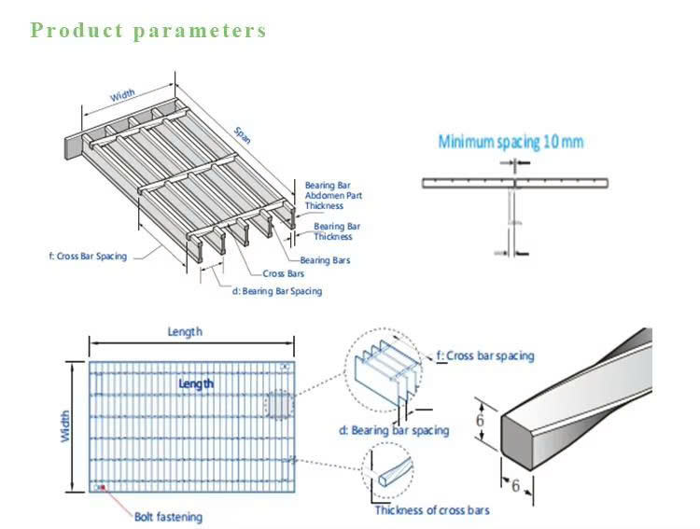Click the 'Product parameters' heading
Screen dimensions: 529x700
148,30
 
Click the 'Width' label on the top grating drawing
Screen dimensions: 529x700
122,95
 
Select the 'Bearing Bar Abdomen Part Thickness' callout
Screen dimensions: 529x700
333,195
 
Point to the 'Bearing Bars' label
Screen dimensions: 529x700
325,260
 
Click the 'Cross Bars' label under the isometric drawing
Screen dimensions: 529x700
284,273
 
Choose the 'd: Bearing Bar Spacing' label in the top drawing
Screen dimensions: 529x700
276,291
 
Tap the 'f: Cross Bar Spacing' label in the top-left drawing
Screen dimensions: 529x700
88,254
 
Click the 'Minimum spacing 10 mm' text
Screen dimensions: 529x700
511,143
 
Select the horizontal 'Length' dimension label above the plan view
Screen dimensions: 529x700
185,332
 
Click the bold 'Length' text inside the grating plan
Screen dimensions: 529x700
196,383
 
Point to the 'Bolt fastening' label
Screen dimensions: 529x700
168,517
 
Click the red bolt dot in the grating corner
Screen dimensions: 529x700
103,487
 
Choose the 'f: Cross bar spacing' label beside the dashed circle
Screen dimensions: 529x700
485,355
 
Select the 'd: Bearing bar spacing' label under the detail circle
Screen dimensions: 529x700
393,430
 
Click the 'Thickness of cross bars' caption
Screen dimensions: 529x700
431,510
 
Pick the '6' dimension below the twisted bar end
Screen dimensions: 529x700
515,484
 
